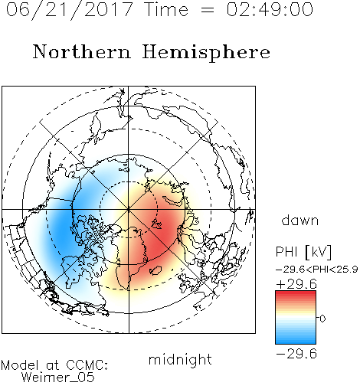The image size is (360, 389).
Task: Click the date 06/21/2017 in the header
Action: [69, 10]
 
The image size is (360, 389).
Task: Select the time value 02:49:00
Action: [270, 9]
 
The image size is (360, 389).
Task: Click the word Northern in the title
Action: [82, 51]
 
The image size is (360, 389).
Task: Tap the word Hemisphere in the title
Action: [206, 53]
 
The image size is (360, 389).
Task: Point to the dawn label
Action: [300, 220]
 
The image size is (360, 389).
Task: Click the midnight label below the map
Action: [180, 360]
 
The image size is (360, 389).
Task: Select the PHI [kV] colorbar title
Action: [304, 252]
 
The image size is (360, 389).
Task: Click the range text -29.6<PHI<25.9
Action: [316, 270]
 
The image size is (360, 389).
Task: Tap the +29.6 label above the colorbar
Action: [296, 284]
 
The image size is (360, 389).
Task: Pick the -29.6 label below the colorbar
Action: [296, 354]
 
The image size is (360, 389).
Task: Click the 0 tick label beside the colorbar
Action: [322, 319]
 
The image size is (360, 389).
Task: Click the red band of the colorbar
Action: [296, 296]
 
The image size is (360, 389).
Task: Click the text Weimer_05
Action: [58, 378]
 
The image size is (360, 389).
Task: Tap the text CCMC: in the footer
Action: [87, 365]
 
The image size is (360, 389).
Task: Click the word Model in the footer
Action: [20, 365]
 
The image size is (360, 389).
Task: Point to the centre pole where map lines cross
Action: [129, 210]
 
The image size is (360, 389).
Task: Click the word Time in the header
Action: [166, 9]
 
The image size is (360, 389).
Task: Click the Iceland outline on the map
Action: [155, 270]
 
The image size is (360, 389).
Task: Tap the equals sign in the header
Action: [207, 10]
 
